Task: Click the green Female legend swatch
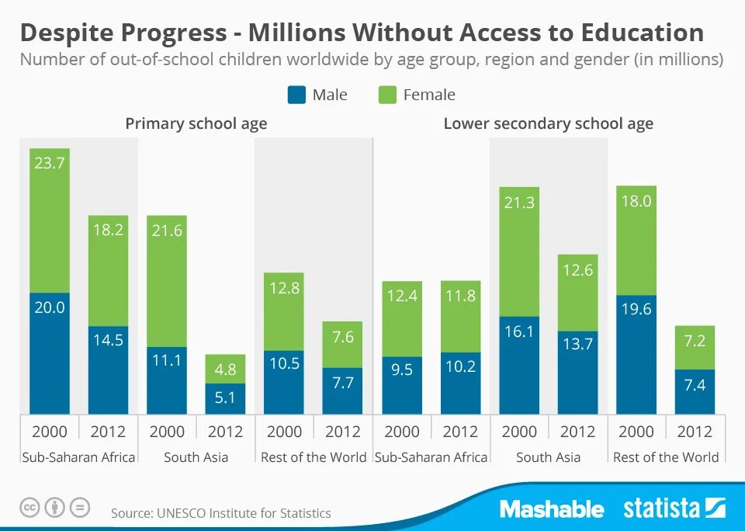(x=388, y=95)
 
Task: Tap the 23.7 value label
(x=50, y=163)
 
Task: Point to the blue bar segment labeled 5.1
(x=226, y=398)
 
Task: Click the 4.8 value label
(x=226, y=369)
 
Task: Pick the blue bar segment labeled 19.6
(x=636, y=354)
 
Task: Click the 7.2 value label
(x=695, y=342)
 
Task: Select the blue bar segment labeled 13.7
(x=578, y=373)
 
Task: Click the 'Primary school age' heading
(x=196, y=123)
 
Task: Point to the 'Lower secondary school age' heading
(x=548, y=123)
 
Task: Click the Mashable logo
(x=552, y=509)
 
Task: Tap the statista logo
(x=674, y=508)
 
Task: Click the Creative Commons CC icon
(x=29, y=508)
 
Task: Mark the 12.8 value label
(x=284, y=288)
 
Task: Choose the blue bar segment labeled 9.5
(x=402, y=385)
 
